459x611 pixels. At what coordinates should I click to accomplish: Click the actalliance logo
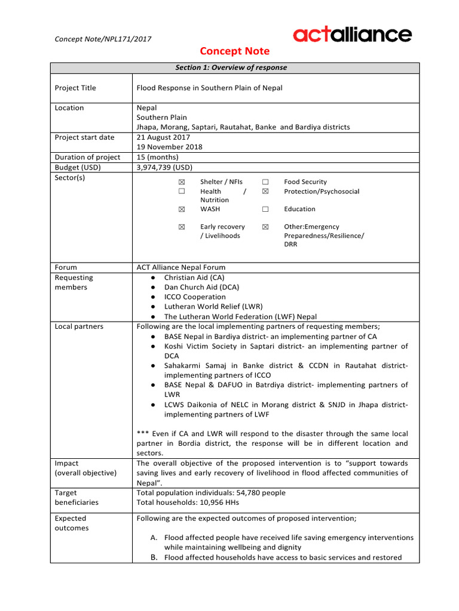pos(352,35)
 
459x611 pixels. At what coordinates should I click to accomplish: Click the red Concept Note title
pos(234,51)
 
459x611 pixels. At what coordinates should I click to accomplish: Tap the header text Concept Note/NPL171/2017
pos(103,39)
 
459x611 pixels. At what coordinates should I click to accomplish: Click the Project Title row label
pos(75,88)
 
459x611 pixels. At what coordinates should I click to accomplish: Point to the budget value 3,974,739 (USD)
pos(164,167)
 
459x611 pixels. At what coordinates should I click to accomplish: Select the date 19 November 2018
pos(170,147)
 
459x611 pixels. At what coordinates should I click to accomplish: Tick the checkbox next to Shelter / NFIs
pos(182,182)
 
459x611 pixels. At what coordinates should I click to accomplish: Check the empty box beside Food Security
pos(265,182)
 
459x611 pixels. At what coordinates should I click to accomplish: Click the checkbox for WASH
pos(182,209)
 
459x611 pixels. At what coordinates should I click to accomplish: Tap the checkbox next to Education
pos(265,209)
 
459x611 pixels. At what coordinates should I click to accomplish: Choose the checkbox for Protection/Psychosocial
pos(265,192)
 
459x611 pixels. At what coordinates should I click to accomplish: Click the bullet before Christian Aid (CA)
pos(154,277)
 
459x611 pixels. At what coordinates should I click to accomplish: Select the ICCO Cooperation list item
pos(195,297)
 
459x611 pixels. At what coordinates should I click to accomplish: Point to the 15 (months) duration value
pos(158,157)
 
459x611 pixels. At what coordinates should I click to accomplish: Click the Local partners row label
pos(79,326)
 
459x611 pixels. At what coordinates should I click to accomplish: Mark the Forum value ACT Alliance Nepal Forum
pos(181,267)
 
